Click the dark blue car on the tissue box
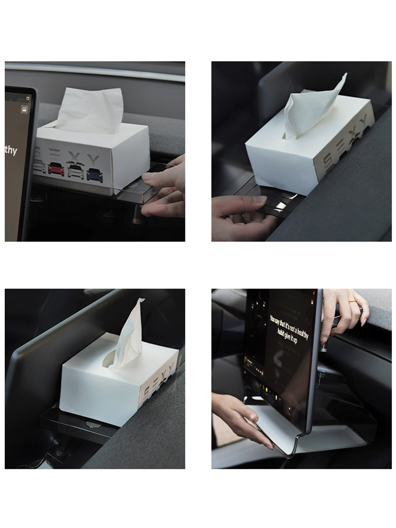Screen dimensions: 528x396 pyautogui.click(x=95, y=174)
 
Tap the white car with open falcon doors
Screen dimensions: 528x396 pyautogui.click(x=76, y=170)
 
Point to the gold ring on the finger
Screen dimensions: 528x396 pyautogui.click(x=352, y=301)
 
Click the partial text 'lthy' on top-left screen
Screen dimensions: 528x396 pyautogui.click(x=10, y=151)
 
